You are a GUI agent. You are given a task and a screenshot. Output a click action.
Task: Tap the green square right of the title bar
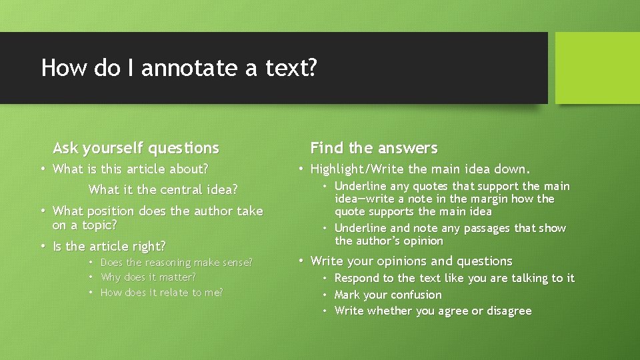[597, 68]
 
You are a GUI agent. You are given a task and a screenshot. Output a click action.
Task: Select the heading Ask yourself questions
[136, 148]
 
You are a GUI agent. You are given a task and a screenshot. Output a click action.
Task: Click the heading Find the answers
[374, 148]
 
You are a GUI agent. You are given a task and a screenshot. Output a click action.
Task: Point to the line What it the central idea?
[163, 190]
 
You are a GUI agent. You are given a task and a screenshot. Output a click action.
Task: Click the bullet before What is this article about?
[43, 169]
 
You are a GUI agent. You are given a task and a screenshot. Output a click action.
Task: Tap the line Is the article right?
[109, 247]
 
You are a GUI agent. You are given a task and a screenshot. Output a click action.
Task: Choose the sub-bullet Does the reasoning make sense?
[176, 263]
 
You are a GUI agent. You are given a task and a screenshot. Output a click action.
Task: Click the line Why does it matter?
[148, 277]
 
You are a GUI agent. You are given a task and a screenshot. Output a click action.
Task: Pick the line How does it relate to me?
[161, 293]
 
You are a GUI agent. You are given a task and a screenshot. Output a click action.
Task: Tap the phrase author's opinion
[389, 241]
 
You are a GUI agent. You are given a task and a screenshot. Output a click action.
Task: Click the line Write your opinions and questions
[411, 261]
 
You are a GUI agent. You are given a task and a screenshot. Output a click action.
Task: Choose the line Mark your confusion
[388, 295]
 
